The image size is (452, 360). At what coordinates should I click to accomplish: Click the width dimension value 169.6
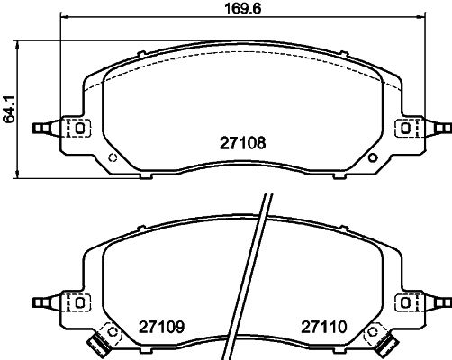coord(243,8)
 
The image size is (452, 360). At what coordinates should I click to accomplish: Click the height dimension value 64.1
coord(8,109)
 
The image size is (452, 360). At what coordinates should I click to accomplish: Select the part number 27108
coord(243,143)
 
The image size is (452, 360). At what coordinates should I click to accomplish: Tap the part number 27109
coord(161,327)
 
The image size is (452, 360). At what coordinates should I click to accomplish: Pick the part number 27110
coord(324,327)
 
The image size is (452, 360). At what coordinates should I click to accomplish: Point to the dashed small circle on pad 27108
coord(113,157)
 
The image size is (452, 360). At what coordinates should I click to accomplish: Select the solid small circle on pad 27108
coord(373,157)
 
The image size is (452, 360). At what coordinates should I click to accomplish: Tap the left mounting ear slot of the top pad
coord(80,129)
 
